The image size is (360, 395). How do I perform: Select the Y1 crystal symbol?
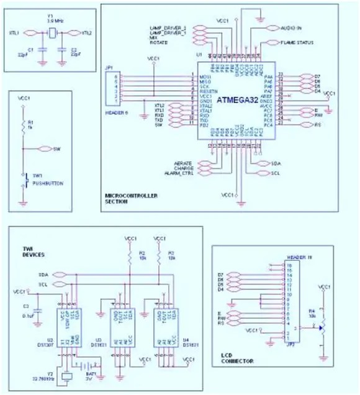pos(52,32)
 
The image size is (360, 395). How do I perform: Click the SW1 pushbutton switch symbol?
pos(24,178)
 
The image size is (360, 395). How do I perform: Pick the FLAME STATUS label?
pos(297,43)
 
